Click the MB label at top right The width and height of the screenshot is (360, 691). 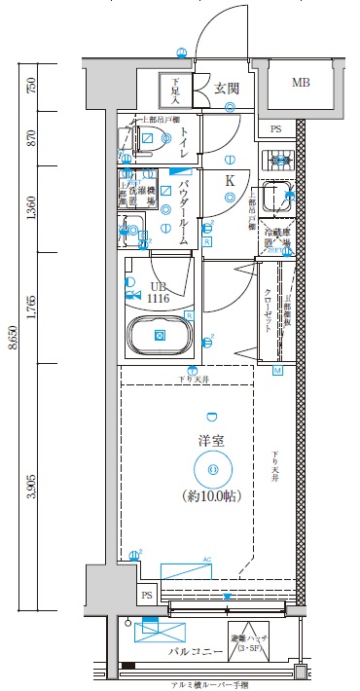pos(304,84)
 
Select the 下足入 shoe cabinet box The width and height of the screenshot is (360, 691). pos(176,91)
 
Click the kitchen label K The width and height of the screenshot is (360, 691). pos(231,180)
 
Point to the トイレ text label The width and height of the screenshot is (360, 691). pos(183,141)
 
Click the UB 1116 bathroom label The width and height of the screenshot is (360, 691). pos(159,292)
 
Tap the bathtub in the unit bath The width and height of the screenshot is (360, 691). pos(160,335)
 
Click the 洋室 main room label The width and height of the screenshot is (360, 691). pos(212,440)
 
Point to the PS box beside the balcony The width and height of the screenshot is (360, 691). pos(148,596)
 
